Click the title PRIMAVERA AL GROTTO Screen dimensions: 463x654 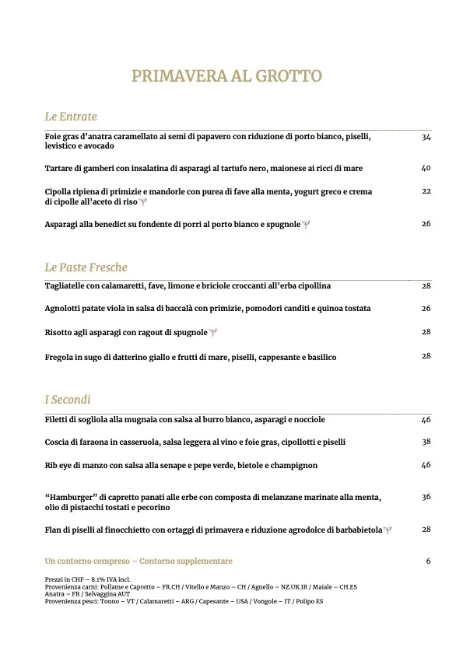[226, 76]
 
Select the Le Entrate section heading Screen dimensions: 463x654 [71, 117]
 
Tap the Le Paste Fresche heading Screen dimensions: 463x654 [86, 268]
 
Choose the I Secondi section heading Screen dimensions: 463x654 [68, 400]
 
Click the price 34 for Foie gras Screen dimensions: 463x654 [426, 137]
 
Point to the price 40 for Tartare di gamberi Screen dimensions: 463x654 [426, 168]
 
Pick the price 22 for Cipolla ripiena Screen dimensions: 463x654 [426, 191]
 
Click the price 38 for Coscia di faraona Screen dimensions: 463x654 [426, 442]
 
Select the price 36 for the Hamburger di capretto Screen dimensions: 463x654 [426, 496]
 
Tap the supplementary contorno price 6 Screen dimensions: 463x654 [428, 561]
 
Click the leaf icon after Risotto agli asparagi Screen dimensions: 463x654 [213, 333]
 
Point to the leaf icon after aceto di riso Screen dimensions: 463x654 [142, 202]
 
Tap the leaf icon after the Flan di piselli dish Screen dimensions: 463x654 [388, 530]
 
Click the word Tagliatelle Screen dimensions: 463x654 [68, 286]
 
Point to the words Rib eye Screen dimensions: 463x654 [60, 465]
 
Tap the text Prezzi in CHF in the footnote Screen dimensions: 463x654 [65, 579]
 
